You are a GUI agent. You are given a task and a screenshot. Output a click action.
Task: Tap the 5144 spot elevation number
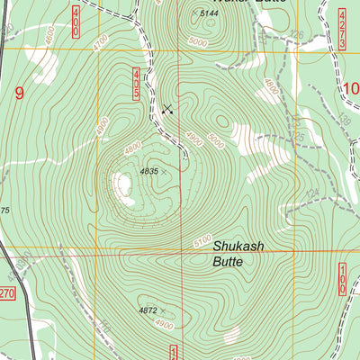pos(210,13)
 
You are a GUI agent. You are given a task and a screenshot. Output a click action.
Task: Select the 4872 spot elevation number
pos(148,310)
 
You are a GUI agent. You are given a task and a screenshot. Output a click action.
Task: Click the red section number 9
pos(18,91)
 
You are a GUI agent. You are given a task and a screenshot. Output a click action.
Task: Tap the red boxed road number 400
pos(75,19)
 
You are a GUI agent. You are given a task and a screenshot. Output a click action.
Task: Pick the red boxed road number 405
pos(136,84)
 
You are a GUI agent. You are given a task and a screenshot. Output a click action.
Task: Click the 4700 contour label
pos(101,40)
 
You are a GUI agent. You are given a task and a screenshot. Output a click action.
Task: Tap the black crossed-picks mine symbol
pos(167,110)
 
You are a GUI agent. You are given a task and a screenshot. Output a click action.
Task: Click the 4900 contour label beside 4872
pos(165,323)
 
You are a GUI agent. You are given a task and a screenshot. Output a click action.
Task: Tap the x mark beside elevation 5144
pos(193,13)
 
